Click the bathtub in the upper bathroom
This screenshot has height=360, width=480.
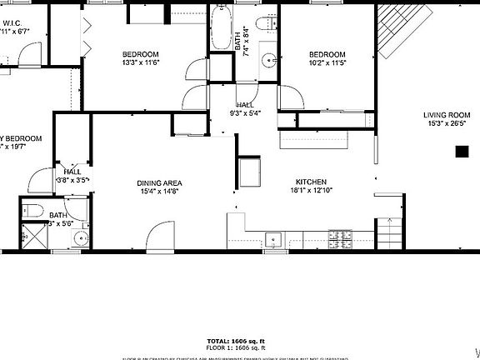click(221, 28)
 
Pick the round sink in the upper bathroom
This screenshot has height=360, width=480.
click(268, 59)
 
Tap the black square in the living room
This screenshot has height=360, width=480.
click(461, 151)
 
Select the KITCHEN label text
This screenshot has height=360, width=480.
click(311, 182)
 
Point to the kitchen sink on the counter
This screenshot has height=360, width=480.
click(274, 239)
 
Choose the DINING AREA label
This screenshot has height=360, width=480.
click(159, 182)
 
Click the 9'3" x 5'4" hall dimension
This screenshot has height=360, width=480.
click(244, 113)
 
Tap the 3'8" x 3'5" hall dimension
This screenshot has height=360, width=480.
click(73, 179)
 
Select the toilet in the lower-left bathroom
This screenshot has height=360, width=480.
click(29, 209)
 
